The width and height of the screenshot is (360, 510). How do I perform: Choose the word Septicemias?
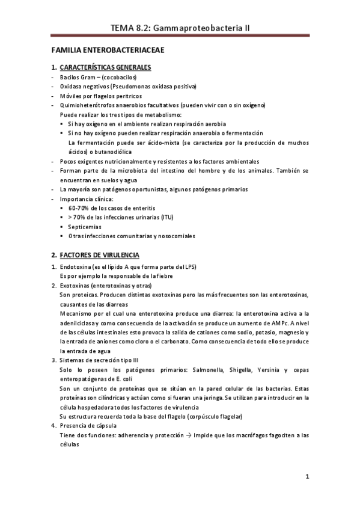click(x=85, y=227)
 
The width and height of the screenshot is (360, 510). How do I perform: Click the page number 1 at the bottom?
click(x=307, y=478)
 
